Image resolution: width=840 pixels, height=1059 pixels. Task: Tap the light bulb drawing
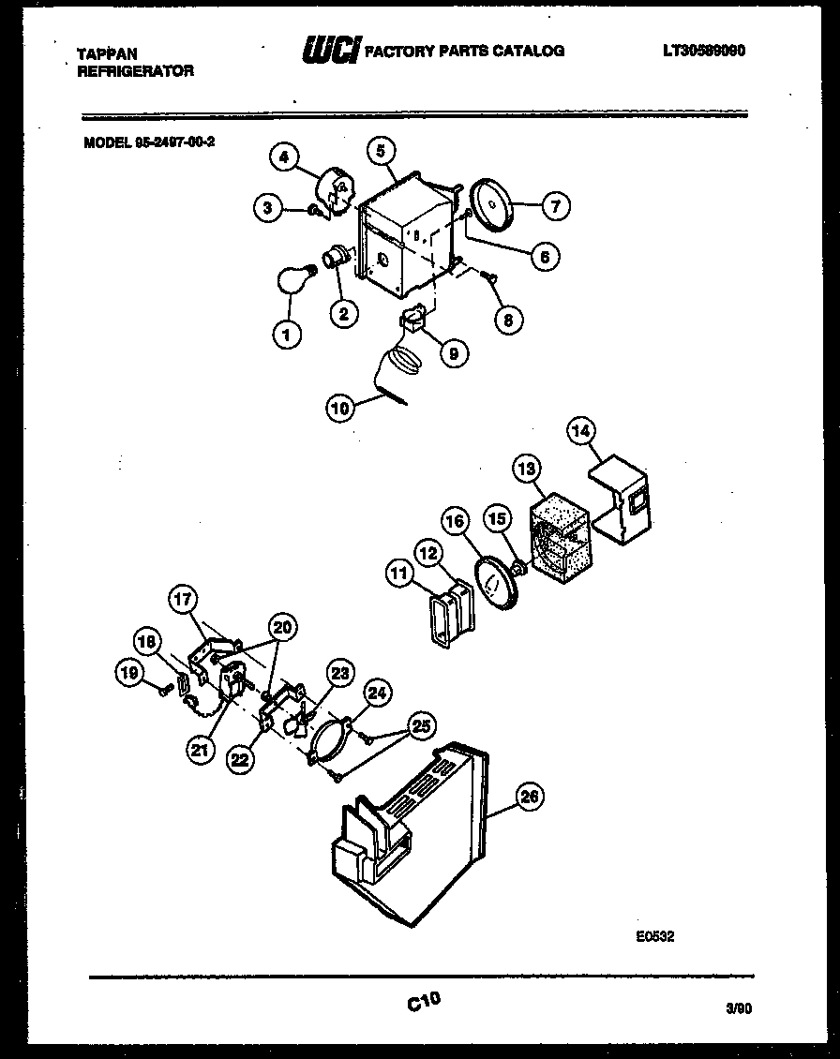pyautogui.click(x=292, y=279)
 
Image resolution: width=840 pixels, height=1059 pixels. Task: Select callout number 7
pyautogui.click(x=555, y=206)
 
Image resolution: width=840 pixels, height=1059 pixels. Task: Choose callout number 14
pyautogui.click(x=581, y=432)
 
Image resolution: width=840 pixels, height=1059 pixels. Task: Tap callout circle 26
pyautogui.click(x=530, y=798)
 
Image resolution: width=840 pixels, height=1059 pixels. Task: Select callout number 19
pyautogui.click(x=128, y=671)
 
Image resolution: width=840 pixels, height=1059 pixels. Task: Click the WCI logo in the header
pyautogui.click(x=329, y=49)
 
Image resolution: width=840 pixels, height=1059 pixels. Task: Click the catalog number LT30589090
pyautogui.click(x=703, y=51)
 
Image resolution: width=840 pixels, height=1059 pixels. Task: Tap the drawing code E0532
pyautogui.click(x=654, y=935)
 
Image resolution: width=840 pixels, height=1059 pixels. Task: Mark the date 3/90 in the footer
pyautogui.click(x=738, y=1009)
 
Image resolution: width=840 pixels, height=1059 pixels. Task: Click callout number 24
pyautogui.click(x=377, y=694)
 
